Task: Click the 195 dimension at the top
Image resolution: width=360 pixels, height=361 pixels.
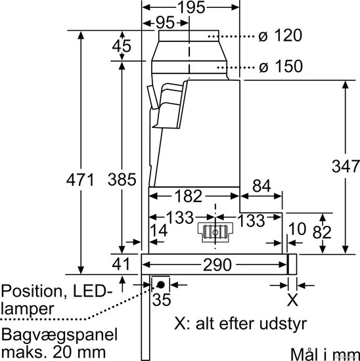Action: coord(192,7)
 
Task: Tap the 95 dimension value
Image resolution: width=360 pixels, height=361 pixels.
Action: coord(166,22)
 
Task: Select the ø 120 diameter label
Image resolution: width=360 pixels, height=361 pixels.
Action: coord(280,35)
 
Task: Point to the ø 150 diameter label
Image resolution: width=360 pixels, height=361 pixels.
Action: coord(281,66)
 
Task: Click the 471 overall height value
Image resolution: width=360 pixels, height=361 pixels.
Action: coord(80,180)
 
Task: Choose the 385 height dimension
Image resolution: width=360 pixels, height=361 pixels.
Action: coord(122,179)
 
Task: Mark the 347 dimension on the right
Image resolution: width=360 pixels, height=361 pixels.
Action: coord(346,166)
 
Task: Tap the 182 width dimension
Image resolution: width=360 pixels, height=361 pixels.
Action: coord(189,196)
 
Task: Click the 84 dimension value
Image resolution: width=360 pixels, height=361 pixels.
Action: coord(261,186)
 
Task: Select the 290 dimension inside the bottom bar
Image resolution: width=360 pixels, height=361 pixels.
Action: coord(217,265)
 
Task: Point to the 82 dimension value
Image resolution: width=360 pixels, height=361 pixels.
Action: coord(322,232)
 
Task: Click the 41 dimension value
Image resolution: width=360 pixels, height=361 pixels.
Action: coord(121,264)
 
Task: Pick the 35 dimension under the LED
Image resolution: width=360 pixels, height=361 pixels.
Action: coord(162,299)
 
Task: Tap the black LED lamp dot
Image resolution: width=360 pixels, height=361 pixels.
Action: coord(161,285)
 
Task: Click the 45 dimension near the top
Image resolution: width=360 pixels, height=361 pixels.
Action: coord(122,45)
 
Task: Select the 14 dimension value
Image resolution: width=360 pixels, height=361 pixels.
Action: coord(159,230)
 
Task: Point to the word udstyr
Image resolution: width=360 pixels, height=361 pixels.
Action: coord(283,325)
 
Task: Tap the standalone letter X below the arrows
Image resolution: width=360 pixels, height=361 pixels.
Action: coord(292,300)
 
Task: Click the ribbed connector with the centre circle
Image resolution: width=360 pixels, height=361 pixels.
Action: coord(215,232)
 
